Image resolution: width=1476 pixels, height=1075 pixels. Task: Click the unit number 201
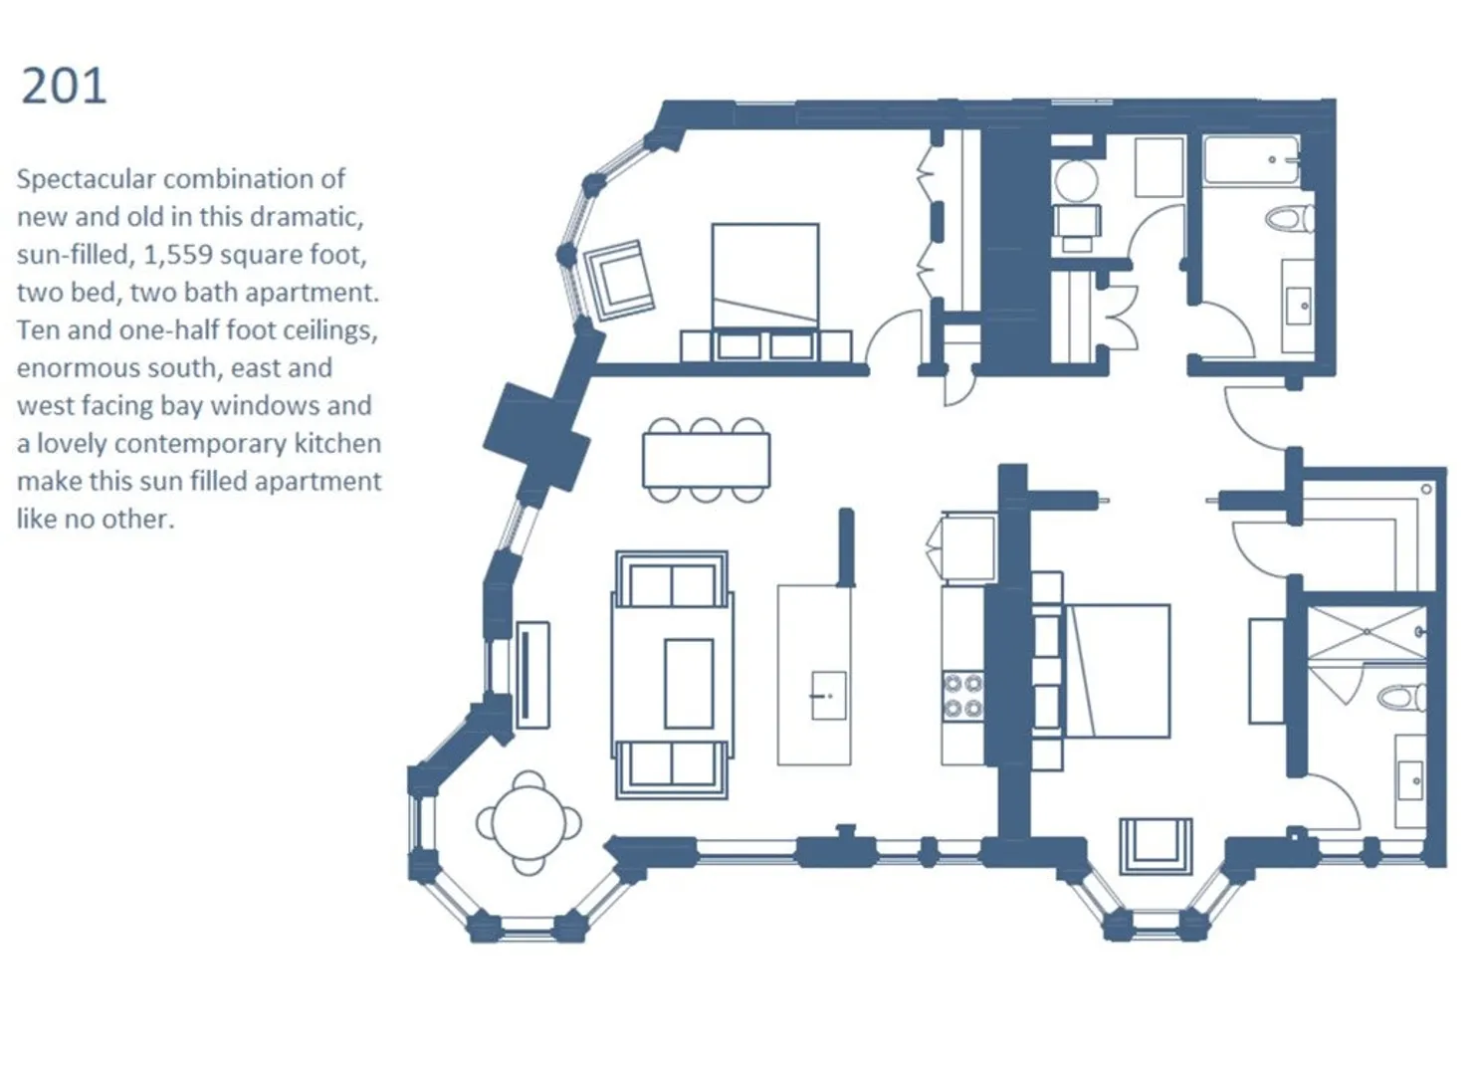click(64, 86)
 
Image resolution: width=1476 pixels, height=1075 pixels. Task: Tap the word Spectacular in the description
click(87, 180)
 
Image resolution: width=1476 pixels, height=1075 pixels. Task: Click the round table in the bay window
click(528, 822)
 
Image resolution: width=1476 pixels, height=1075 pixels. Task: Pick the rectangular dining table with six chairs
click(707, 460)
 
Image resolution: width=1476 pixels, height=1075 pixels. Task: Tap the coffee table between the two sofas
click(689, 684)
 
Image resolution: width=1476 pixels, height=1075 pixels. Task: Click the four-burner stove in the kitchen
click(962, 695)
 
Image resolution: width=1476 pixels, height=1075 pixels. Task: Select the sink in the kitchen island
click(828, 696)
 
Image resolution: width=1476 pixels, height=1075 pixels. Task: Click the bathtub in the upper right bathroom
click(1251, 160)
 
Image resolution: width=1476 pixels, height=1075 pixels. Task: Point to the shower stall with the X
click(1366, 632)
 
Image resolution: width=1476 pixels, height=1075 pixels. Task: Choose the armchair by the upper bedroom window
click(618, 280)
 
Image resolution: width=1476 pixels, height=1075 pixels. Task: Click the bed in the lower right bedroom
click(1117, 671)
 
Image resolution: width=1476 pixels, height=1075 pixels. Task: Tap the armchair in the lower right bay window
click(1156, 846)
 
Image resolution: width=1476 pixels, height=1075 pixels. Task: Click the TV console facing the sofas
click(532, 674)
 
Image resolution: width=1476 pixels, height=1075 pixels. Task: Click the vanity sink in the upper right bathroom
click(1299, 306)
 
